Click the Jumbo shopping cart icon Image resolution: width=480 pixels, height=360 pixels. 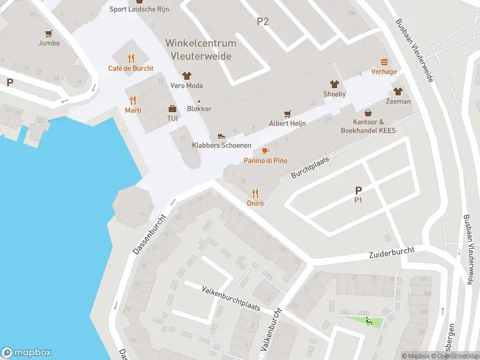[49, 34]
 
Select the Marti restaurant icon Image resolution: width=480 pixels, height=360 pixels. [133, 100]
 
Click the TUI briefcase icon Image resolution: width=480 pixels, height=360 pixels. [172, 109]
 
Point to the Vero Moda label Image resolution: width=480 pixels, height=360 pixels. [186, 85]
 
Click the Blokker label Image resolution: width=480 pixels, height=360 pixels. [199, 109]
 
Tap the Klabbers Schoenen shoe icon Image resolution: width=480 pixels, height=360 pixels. [221, 136]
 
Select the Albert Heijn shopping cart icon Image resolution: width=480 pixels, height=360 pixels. [287, 113]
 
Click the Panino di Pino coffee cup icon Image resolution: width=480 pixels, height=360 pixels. [265, 151]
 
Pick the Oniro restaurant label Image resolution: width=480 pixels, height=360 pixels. [255, 203]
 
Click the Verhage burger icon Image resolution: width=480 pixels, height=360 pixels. [384, 61]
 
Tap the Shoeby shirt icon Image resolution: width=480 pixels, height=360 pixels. [334, 84]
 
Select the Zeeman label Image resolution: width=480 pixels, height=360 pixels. [398, 101]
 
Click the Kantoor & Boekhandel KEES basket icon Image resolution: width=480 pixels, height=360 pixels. [368, 112]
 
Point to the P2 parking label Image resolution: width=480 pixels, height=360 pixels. [263, 22]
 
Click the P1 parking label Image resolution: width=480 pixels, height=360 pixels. [358, 200]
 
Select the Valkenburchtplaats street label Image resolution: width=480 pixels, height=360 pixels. [230, 297]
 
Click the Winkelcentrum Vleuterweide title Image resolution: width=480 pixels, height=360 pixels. [201, 49]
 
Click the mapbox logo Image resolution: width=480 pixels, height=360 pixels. [26, 353]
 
